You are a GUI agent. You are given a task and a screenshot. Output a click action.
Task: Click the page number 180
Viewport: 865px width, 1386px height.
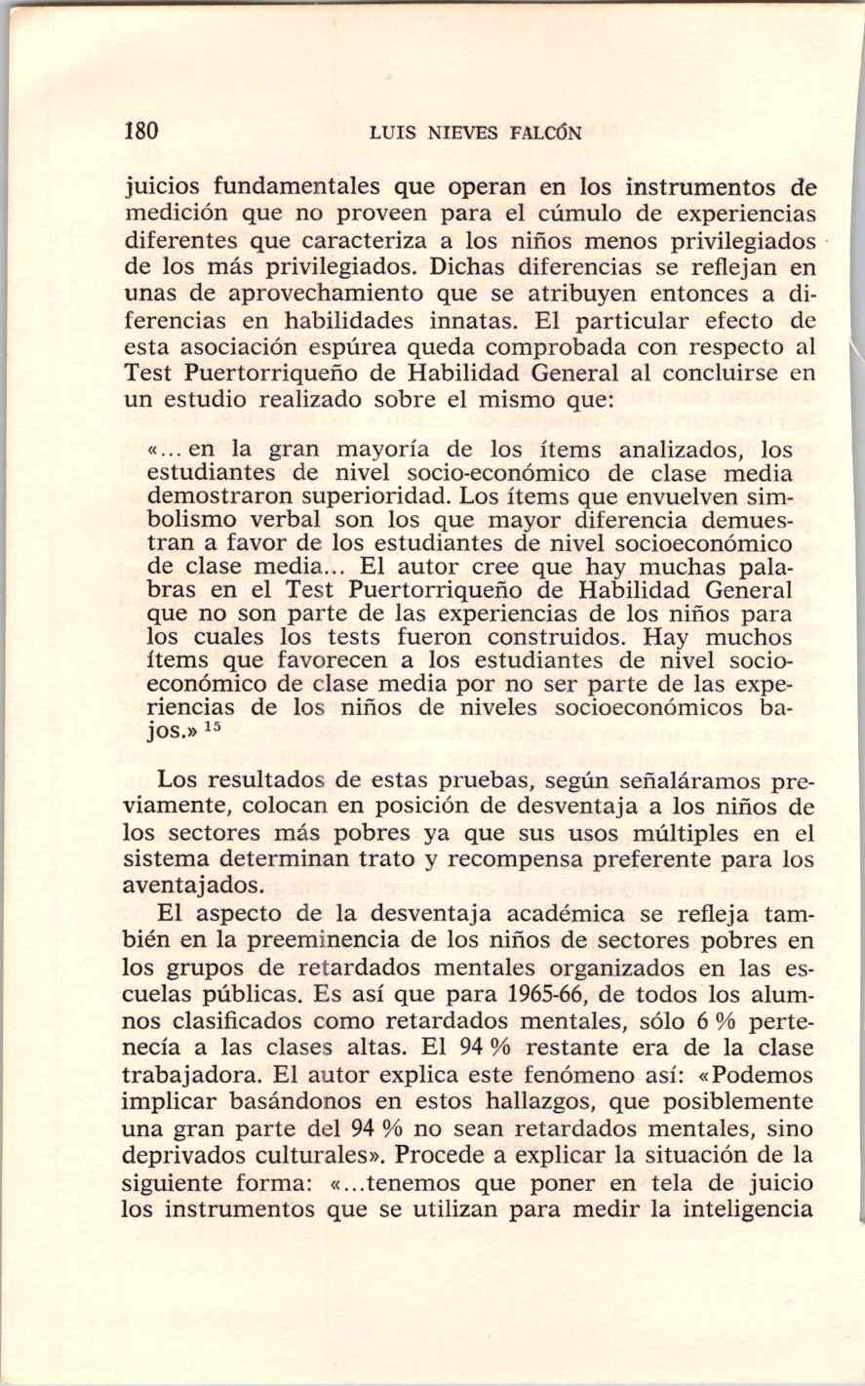[x=140, y=132]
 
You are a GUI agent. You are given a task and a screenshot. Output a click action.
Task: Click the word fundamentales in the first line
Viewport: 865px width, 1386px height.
[x=295, y=186]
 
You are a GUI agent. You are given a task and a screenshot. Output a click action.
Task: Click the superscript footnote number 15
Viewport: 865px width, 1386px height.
[x=214, y=726]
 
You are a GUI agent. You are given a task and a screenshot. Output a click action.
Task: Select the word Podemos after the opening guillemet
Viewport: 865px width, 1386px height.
[x=761, y=1075]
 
